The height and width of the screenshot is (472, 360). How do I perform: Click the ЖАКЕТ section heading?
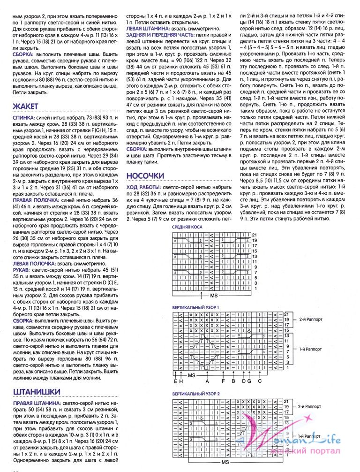[25, 106]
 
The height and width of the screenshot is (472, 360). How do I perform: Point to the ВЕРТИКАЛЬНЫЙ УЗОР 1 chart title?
[196, 307]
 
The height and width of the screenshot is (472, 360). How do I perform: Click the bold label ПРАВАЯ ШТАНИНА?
[34, 403]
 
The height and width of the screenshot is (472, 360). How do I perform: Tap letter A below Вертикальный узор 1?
[207, 381]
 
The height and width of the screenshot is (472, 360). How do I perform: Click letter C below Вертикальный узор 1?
[260, 381]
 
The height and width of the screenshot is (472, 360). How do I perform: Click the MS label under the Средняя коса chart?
[214, 297]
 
